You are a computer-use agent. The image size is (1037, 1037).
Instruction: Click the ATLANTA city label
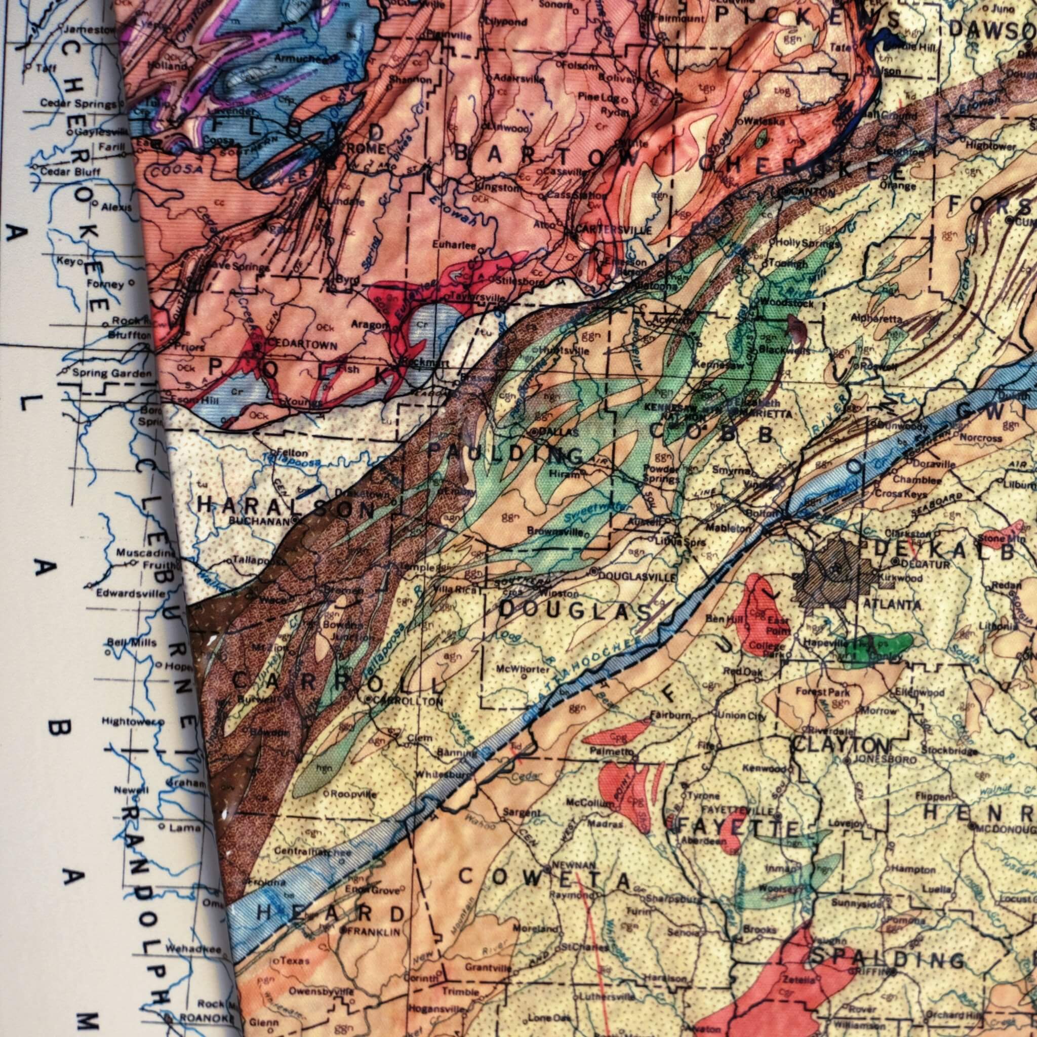892,605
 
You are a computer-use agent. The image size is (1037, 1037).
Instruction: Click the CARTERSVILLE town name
614,230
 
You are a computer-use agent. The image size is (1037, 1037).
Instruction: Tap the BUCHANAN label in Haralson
262,520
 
